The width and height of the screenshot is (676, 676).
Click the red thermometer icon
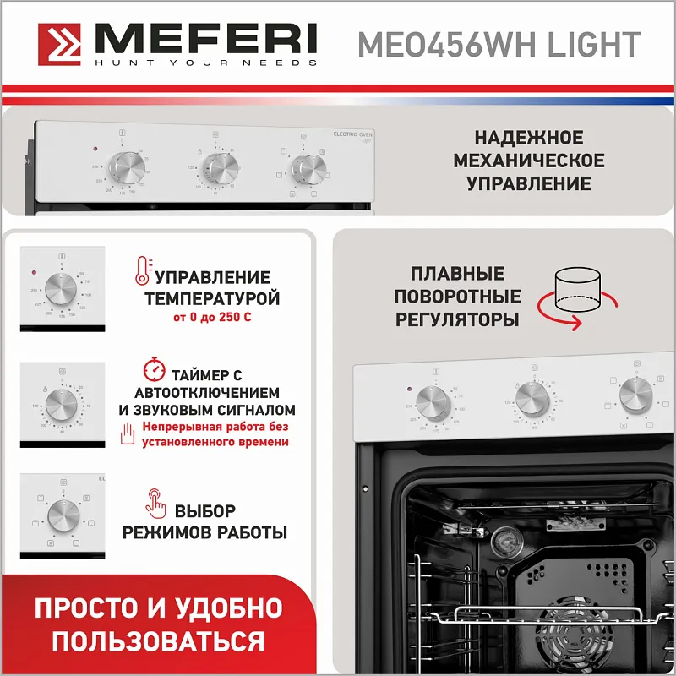pos(141,270)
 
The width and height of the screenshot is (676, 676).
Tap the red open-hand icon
pos(128,434)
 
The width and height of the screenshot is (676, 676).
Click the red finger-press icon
pos(155,501)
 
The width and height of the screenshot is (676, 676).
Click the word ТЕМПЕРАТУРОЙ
pos(212,298)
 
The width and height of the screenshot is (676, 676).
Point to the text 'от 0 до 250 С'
pos(211,318)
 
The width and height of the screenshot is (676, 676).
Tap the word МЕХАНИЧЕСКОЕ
pos(529,161)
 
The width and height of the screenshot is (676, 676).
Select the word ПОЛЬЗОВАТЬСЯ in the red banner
pos(158,640)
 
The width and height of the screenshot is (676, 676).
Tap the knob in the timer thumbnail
pos(62,402)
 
